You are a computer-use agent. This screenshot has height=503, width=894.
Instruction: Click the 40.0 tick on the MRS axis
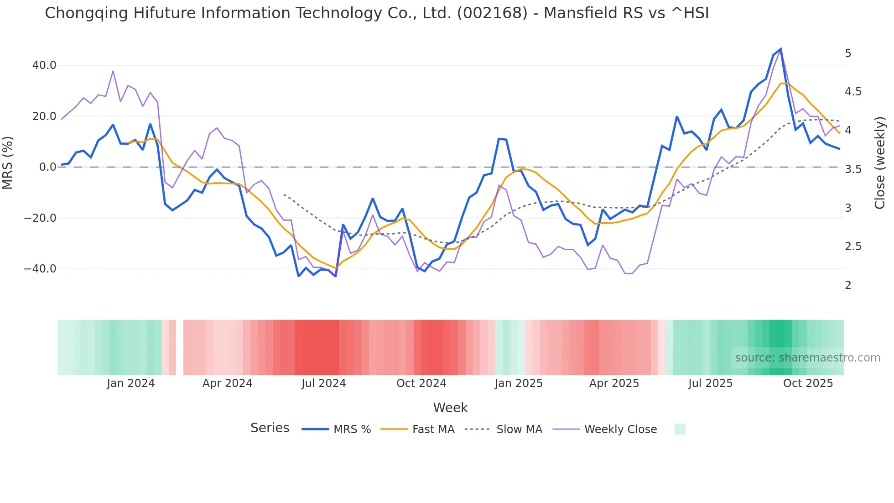pos(44,65)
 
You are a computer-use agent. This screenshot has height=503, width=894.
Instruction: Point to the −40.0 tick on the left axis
pos(40,269)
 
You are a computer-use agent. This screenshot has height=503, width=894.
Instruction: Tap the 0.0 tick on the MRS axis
pos(47,167)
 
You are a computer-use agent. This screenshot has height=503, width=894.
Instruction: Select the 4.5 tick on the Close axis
pos(853,92)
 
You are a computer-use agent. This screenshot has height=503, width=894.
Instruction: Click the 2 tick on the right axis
pos(848,285)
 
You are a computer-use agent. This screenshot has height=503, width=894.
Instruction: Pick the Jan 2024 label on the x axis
pos(131,383)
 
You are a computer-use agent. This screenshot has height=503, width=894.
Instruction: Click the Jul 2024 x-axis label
pos(323,383)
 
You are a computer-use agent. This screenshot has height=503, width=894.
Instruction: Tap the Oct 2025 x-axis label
pos(808,383)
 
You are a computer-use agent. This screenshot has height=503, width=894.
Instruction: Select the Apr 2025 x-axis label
pos(614,383)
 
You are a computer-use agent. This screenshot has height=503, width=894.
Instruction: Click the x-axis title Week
pos(450,408)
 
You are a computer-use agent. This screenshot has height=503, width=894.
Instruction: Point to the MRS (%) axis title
pos(8,162)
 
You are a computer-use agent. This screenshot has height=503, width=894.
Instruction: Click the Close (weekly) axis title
pos(880,162)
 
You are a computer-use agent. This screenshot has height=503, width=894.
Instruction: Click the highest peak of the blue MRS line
pos(780,49)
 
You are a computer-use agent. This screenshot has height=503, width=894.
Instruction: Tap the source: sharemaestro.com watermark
pos(807,358)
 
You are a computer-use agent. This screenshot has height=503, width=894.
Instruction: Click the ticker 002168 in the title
pos(492,13)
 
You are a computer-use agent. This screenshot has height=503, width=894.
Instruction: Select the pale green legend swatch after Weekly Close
pos(680,429)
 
